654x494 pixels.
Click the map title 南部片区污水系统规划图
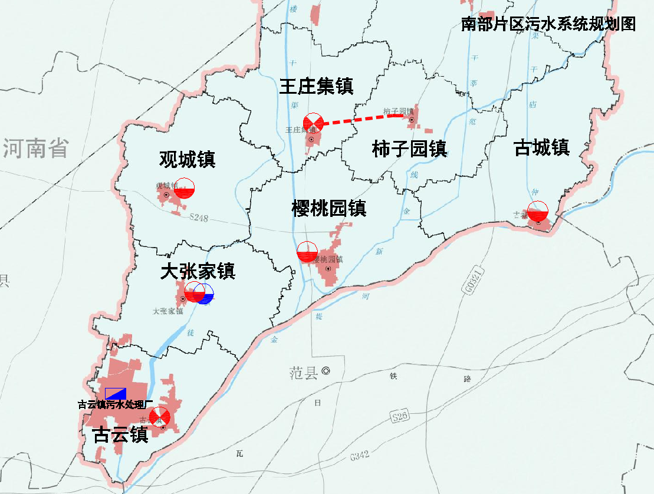coord(548,24)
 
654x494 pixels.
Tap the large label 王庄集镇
coord(316,87)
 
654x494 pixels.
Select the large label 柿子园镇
coord(409,149)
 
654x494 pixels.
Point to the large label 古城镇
coord(541,147)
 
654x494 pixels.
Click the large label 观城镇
coord(187,159)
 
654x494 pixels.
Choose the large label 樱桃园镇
coord(329,208)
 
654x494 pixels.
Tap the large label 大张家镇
coord(198,271)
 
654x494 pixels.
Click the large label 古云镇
coord(120,435)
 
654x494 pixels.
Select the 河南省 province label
coord(35,148)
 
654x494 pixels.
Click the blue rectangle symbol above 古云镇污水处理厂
coord(116,394)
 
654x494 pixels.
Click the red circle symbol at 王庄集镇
coord(313,123)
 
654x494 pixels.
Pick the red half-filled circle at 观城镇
coord(185,187)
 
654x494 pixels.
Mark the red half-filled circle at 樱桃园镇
coord(307,252)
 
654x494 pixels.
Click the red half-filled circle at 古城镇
coord(537,211)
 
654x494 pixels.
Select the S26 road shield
coord(400,417)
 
